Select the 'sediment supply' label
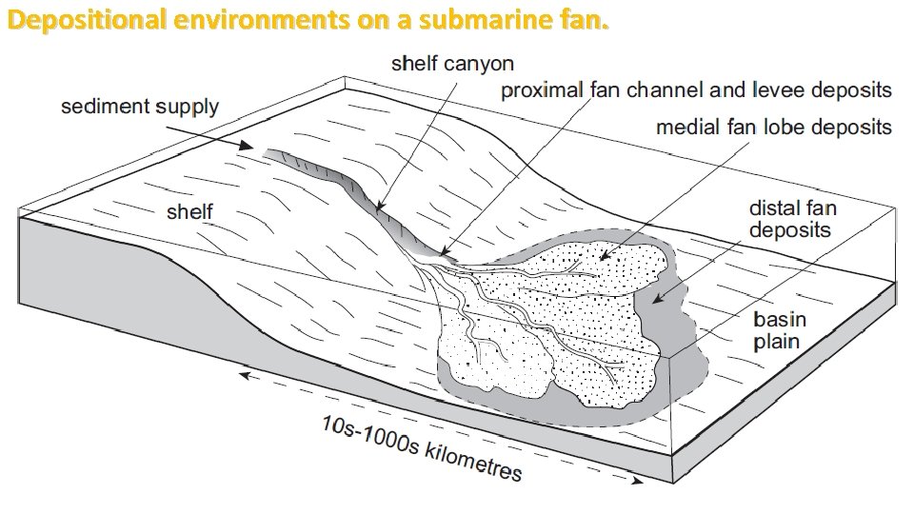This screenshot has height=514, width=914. [140, 107]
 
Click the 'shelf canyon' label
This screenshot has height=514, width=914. [453, 64]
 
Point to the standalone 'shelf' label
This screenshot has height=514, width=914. [189, 211]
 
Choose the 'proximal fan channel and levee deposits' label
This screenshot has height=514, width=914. [696, 90]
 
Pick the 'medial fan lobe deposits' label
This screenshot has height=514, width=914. [774, 127]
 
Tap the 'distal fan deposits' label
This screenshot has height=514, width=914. [790, 218]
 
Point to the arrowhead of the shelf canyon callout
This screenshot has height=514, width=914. [379, 207]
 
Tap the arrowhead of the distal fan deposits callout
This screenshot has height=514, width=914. [654, 304]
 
